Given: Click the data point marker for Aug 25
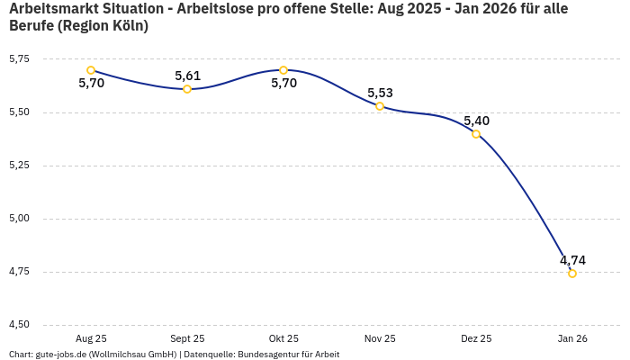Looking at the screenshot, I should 91,70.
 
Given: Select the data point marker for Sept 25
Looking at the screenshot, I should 187,89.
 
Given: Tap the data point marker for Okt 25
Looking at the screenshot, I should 283,70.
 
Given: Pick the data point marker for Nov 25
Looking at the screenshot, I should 380,106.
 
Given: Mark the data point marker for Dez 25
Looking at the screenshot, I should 476,134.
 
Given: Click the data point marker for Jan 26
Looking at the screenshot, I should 572,274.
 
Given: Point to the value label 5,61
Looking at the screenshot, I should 187,76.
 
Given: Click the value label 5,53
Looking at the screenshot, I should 380,93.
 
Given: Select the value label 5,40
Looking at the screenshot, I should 476,121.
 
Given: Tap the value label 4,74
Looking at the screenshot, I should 572,260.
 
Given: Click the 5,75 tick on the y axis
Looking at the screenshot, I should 19,59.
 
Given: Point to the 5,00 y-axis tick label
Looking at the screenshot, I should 19,219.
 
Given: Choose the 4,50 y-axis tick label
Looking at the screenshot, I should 19,325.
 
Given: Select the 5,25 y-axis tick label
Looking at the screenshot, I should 19,166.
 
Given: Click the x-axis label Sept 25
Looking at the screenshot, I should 187,338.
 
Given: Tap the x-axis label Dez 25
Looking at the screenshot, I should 476,338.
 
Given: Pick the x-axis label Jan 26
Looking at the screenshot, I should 572,338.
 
